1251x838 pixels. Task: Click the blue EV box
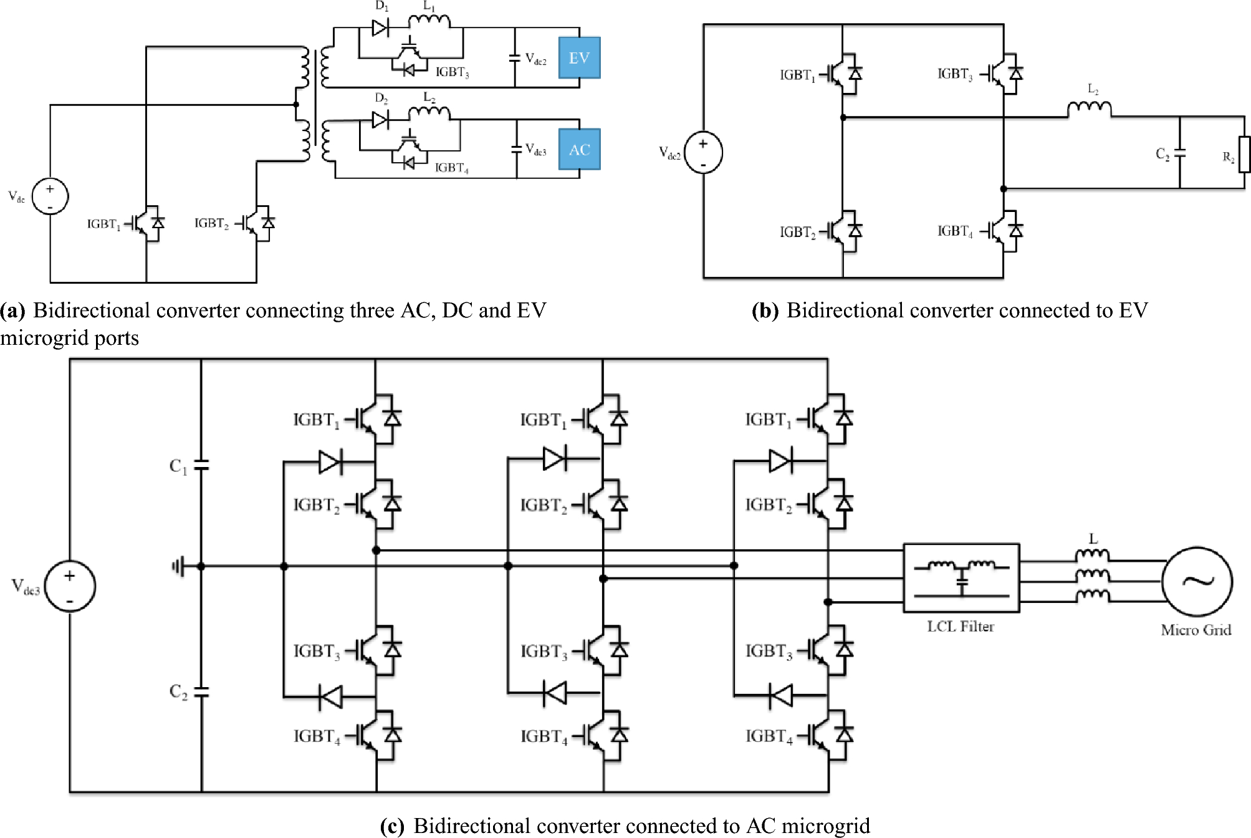pos(579,58)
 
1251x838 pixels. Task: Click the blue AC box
pos(579,150)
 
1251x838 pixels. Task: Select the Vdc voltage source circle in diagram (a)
pos(50,196)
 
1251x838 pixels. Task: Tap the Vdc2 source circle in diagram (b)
pos(703,153)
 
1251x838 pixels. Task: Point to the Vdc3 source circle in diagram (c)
pos(70,586)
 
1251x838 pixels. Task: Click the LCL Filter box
pos(961,577)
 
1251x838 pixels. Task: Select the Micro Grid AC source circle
pos(1197,581)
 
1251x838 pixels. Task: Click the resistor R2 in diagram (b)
pos(1244,155)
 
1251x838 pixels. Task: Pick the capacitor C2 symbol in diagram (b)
pos(1179,153)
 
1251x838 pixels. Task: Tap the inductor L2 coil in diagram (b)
pos(1089,110)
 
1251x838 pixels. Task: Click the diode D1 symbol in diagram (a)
pos(380,27)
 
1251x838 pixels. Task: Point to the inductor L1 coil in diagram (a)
pos(429,22)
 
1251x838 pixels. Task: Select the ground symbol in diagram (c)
pos(179,567)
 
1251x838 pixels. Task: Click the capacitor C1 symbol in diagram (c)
pos(201,465)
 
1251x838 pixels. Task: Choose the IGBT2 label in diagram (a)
pos(211,223)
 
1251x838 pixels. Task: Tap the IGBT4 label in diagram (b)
pos(954,231)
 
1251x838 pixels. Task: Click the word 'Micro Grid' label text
pos(1196,630)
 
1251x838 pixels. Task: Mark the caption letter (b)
pos(765,311)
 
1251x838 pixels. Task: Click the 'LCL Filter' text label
pos(961,627)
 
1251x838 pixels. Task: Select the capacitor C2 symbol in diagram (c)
pos(201,691)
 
